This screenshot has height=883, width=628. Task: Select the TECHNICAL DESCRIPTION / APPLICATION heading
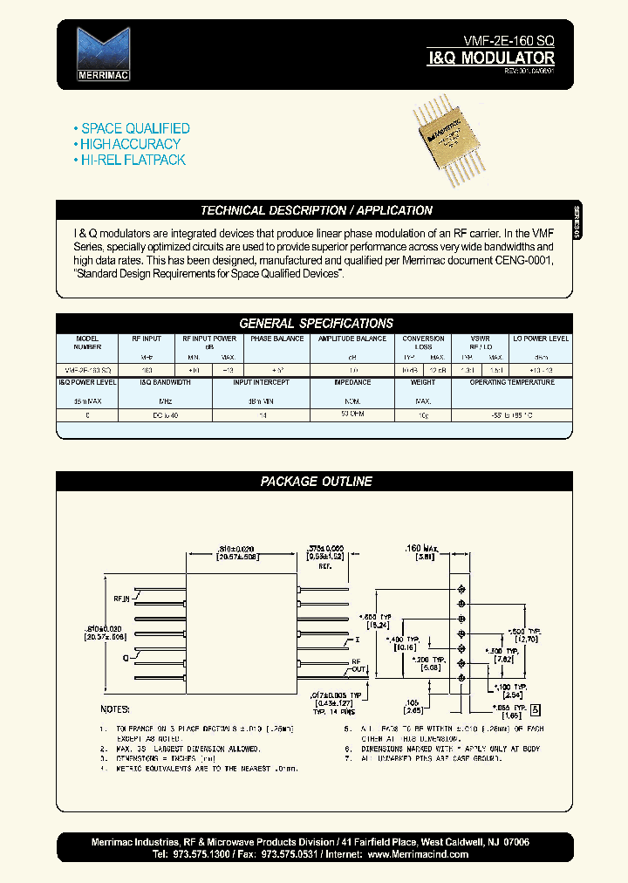(x=316, y=210)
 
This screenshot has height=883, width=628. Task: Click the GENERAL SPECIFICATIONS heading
(x=316, y=323)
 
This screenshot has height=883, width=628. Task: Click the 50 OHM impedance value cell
(x=352, y=414)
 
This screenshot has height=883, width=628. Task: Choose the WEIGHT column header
(x=423, y=382)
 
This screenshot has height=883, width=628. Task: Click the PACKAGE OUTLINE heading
(x=316, y=481)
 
